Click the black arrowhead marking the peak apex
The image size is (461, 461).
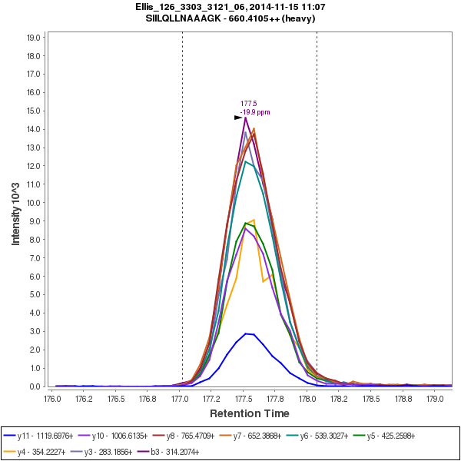pos(238,118)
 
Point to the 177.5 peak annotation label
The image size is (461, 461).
pos(248,103)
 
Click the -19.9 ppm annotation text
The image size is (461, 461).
pos(255,112)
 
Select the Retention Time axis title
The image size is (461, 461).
pos(249,413)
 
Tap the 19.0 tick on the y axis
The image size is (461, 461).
pos(33,37)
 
